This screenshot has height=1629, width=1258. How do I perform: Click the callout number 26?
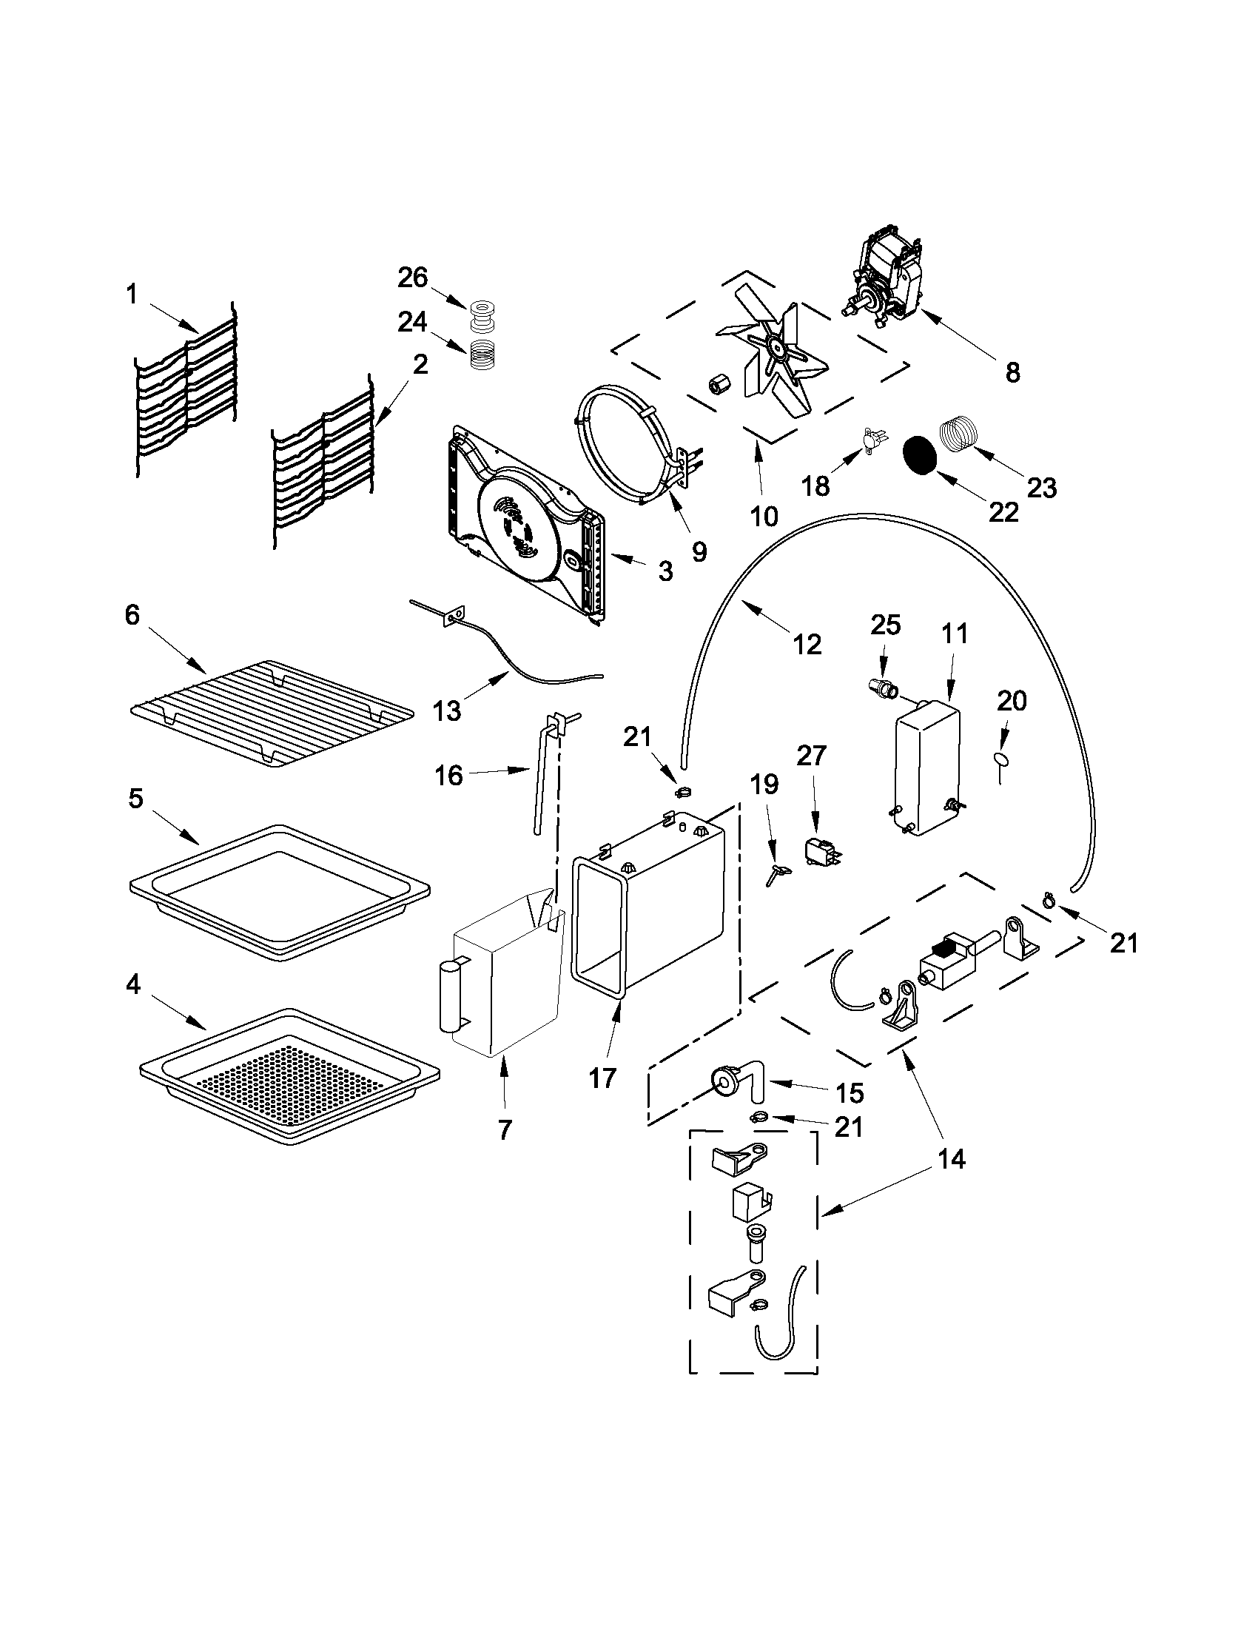point(412,278)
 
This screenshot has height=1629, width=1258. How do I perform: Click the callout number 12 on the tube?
point(807,643)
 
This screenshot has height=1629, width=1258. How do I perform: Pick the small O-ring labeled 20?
point(999,759)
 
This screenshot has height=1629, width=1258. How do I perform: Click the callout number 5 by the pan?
point(135,798)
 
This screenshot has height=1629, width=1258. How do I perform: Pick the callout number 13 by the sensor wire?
point(447,711)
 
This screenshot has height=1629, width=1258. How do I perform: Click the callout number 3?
point(665,571)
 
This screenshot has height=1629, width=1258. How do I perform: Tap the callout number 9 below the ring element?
point(699,551)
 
